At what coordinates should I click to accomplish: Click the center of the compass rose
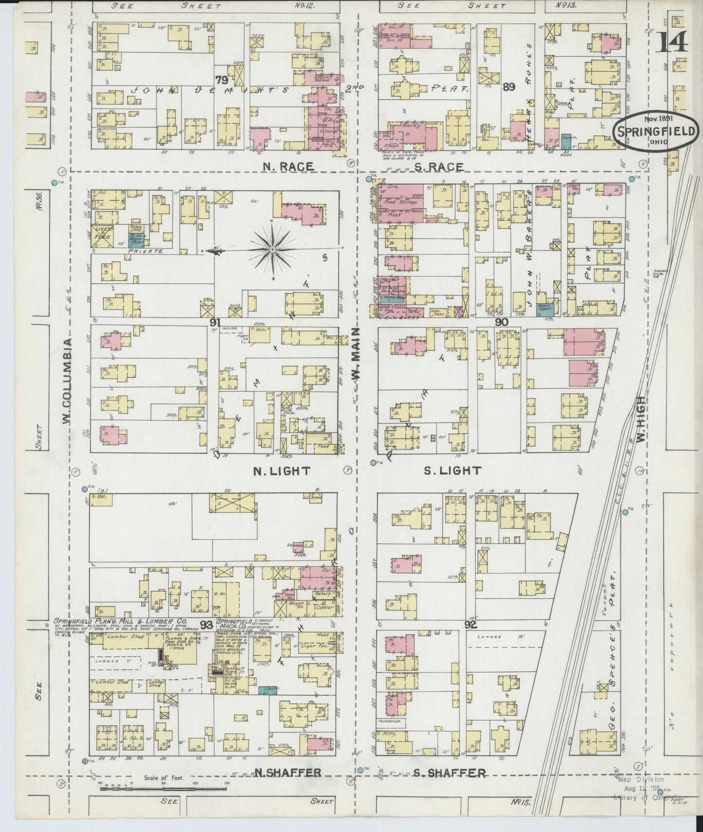pos(273,250)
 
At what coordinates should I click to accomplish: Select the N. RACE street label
pos(288,167)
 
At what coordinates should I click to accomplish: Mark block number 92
pos(470,625)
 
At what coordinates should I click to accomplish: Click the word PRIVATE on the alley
pos(145,252)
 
